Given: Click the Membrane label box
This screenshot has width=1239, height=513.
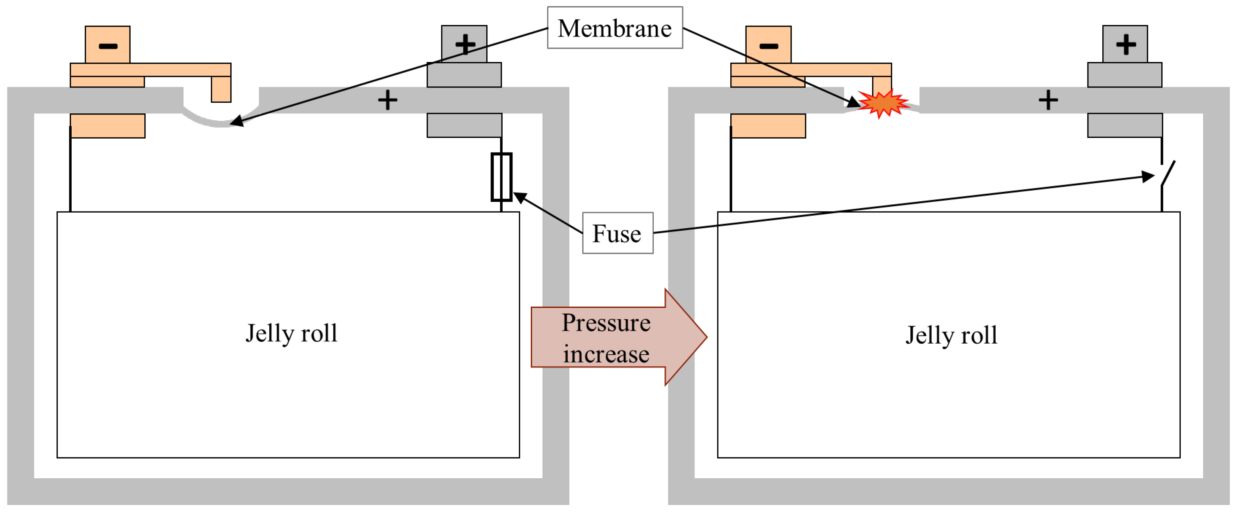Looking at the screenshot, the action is pyautogui.click(x=615, y=27).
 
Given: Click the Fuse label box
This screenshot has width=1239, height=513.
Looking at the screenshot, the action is pyautogui.click(x=618, y=233).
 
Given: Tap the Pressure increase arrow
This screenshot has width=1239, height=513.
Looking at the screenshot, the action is pyautogui.click(x=618, y=337).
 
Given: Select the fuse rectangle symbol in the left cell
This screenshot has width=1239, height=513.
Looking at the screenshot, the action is pyautogui.click(x=501, y=177).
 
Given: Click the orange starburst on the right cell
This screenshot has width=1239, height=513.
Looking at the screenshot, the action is pyautogui.click(x=883, y=103).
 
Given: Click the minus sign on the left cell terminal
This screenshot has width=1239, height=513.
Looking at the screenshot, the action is pyautogui.click(x=108, y=46).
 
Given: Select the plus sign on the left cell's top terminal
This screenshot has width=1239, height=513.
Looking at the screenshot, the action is pyautogui.click(x=465, y=44).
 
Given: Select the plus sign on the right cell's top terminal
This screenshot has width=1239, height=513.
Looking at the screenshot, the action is pyautogui.click(x=1126, y=44).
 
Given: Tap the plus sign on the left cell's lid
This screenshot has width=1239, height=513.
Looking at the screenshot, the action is pyautogui.click(x=387, y=100).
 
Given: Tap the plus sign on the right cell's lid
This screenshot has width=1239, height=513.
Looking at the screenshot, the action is pyautogui.click(x=1048, y=100).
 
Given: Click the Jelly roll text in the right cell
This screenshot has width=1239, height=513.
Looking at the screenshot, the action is pyautogui.click(x=952, y=335).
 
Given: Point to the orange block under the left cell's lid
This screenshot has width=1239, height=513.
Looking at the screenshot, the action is pyautogui.click(x=108, y=126).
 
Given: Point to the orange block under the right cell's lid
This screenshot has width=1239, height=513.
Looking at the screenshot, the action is pyautogui.click(x=768, y=126).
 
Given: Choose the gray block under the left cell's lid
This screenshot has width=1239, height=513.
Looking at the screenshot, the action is pyautogui.click(x=465, y=126).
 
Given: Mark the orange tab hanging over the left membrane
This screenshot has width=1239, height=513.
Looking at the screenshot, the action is pyautogui.click(x=221, y=89).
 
